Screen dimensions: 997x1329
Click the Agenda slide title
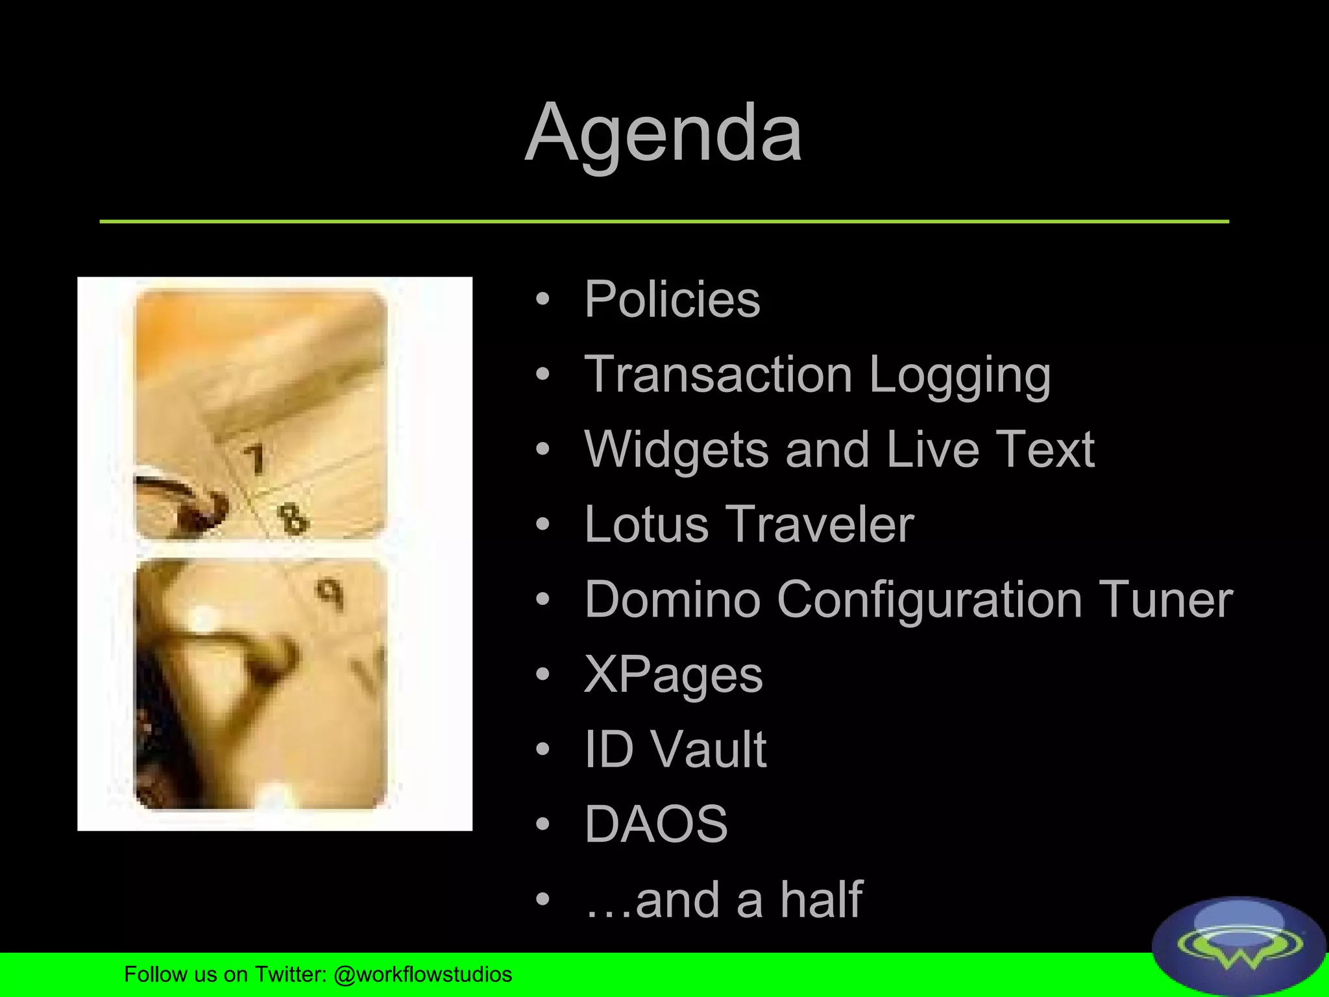click(x=664, y=133)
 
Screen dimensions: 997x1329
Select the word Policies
click(x=672, y=299)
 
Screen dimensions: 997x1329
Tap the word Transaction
click(x=718, y=375)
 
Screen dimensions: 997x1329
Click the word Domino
click(x=672, y=599)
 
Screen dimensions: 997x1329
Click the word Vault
click(x=709, y=750)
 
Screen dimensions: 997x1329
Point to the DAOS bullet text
click(x=656, y=824)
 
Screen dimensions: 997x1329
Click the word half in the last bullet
click(x=821, y=900)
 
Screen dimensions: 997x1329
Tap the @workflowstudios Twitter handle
click(x=422, y=974)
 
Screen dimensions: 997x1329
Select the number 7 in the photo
click(x=255, y=458)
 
